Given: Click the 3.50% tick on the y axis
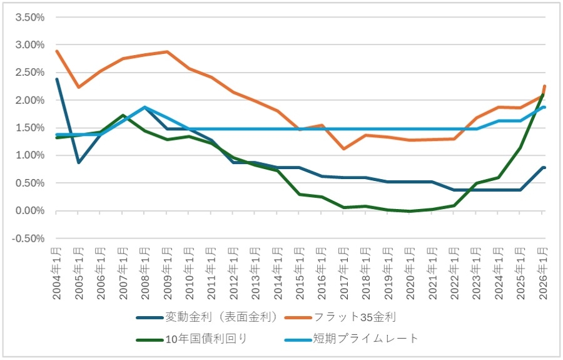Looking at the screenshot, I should click(x=29, y=18).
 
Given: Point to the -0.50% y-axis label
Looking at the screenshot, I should click(x=28, y=239).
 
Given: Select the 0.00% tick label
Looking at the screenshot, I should click(x=29, y=211).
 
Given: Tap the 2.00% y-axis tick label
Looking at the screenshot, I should click(x=29, y=100).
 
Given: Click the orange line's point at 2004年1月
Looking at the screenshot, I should click(x=56, y=51).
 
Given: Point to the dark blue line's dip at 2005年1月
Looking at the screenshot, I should click(x=78, y=163).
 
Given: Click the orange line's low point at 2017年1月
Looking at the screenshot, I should click(x=344, y=149).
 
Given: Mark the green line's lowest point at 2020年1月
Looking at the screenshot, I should click(x=410, y=212).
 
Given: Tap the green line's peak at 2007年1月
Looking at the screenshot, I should click(x=123, y=115).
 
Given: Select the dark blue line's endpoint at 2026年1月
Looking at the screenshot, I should click(x=544, y=168).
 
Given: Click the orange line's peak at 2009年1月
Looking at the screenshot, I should click(x=167, y=51).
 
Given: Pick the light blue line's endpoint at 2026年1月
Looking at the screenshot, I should click(x=544, y=107).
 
